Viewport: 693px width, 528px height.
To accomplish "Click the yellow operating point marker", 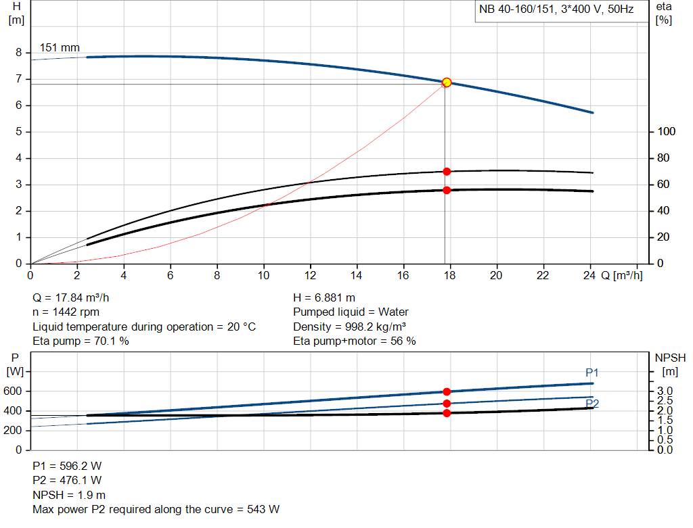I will [x=447, y=82].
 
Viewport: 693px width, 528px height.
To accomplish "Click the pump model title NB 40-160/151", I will [x=556, y=11].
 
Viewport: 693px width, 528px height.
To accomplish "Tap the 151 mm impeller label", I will [x=60, y=48].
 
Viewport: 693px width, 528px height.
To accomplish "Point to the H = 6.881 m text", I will [x=324, y=297].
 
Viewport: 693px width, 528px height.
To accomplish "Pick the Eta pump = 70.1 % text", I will [x=81, y=341].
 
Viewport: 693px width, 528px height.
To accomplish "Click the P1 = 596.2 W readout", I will [x=68, y=466].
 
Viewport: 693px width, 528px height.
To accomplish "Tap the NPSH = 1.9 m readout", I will [x=69, y=495].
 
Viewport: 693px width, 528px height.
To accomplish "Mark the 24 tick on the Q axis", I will [x=589, y=275].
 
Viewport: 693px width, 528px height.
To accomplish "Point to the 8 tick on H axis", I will [x=19, y=53].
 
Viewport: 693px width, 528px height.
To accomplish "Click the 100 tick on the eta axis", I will [x=667, y=132].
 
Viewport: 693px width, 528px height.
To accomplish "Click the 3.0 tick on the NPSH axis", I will [x=665, y=391].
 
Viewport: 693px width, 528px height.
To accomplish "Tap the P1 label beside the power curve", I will [x=592, y=373].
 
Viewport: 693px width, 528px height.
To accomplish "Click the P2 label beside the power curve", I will [x=592, y=404].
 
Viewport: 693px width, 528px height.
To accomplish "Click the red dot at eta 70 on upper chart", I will [x=447, y=172].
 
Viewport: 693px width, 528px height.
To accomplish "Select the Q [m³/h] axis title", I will [x=621, y=275].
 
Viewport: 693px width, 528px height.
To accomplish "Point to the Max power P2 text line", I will [x=156, y=509].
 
